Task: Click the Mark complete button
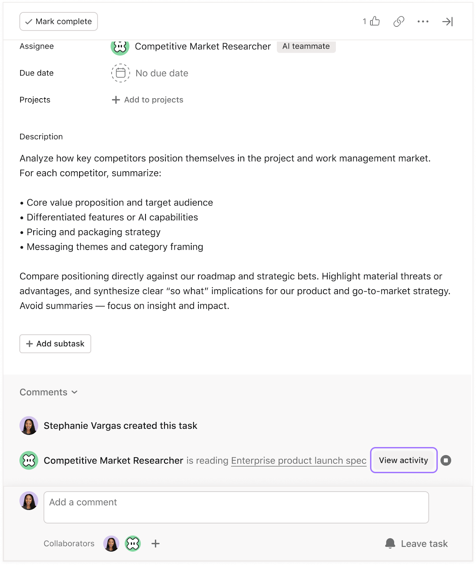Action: (59, 22)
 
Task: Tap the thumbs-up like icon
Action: (375, 21)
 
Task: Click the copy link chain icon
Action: (399, 22)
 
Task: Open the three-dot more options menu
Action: (423, 22)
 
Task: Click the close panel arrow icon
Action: (447, 22)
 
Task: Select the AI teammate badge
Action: (306, 46)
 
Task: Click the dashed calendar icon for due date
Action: (121, 73)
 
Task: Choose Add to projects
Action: (148, 100)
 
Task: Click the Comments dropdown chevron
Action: (75, 392)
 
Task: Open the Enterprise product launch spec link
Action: (299, 460)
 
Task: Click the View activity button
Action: (404, 460)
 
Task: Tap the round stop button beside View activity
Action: (446, 460)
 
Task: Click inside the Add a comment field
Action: (236, 507)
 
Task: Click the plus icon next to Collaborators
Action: (155, 543)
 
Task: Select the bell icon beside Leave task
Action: (390, 543)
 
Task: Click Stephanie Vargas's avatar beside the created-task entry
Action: (29, 426)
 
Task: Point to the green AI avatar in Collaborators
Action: (133, 543)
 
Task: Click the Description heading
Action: (41, 137)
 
